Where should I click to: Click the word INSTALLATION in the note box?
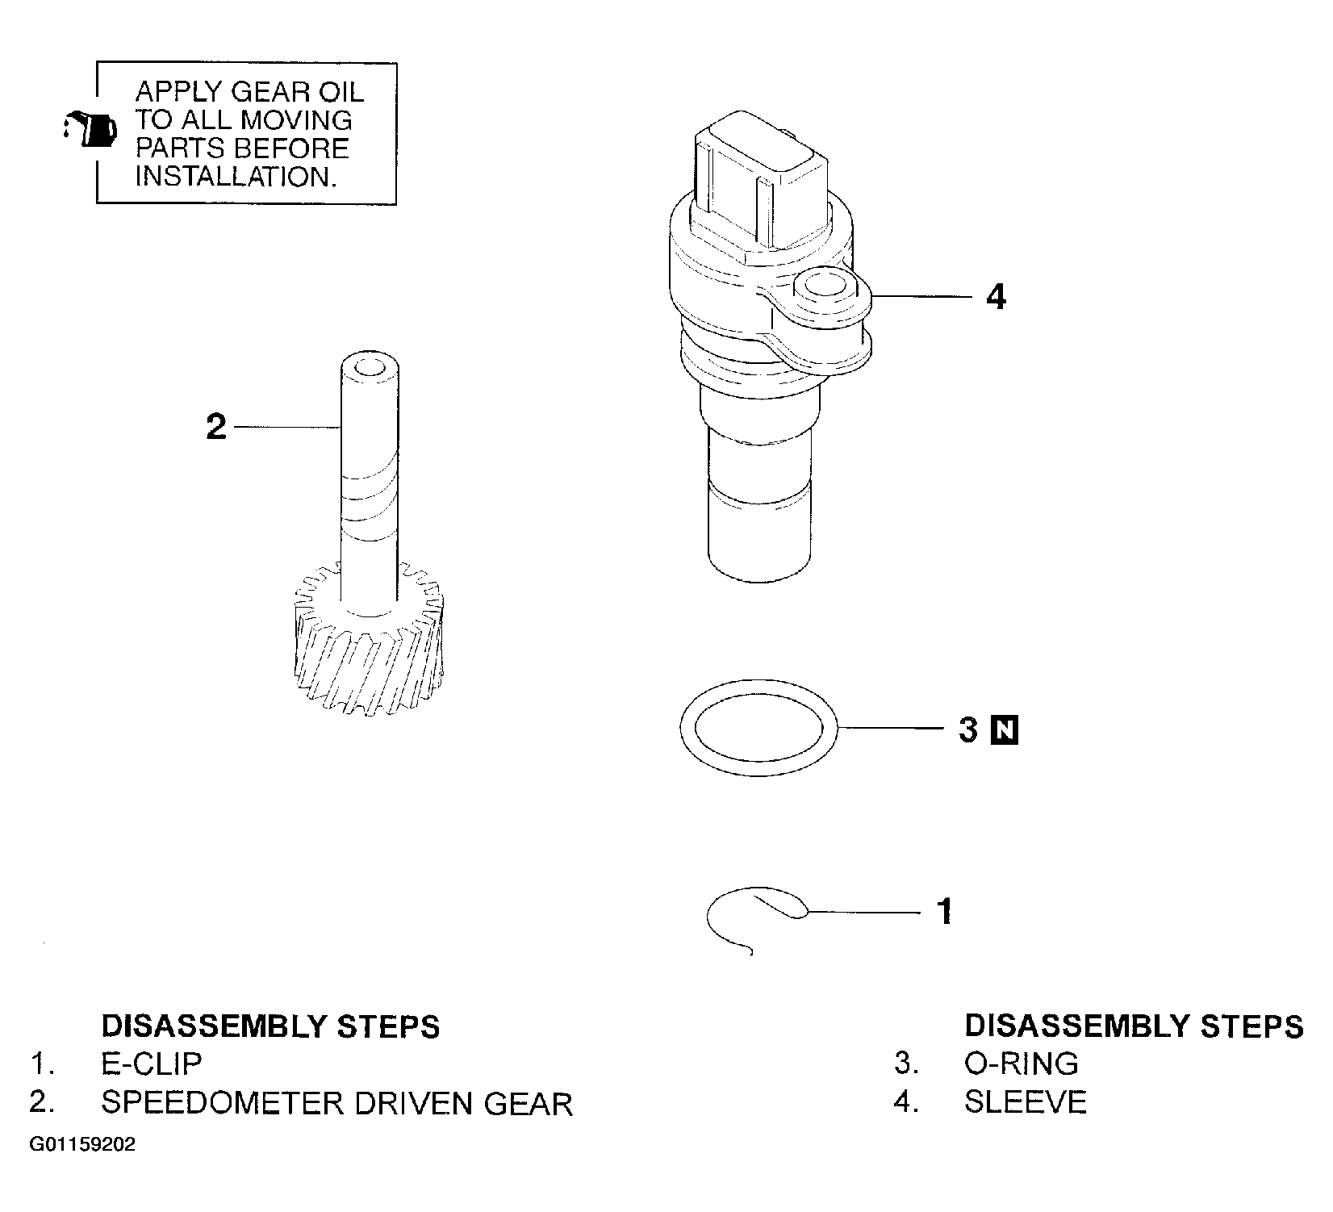tap(235, 177)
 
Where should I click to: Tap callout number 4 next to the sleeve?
tap(997, 298)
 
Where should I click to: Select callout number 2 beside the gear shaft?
tap(216, 426)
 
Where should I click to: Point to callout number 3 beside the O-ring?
tap(969, 730)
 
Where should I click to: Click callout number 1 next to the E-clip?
tap(944, 912)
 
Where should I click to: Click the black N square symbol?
tap(1005, 730)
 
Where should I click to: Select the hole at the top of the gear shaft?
tap(370, 369)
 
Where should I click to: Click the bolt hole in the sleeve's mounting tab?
tap(823, 287)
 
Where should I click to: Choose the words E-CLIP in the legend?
tap(151, 1064)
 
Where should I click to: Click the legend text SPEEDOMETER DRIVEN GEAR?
tap(336, 1103)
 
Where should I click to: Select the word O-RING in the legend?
tap(1022, 1064)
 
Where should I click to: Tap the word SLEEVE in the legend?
tap(1026, 1102)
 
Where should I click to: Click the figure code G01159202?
tap(82, 1145)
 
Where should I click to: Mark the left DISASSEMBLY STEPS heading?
tap(270, 1026)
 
